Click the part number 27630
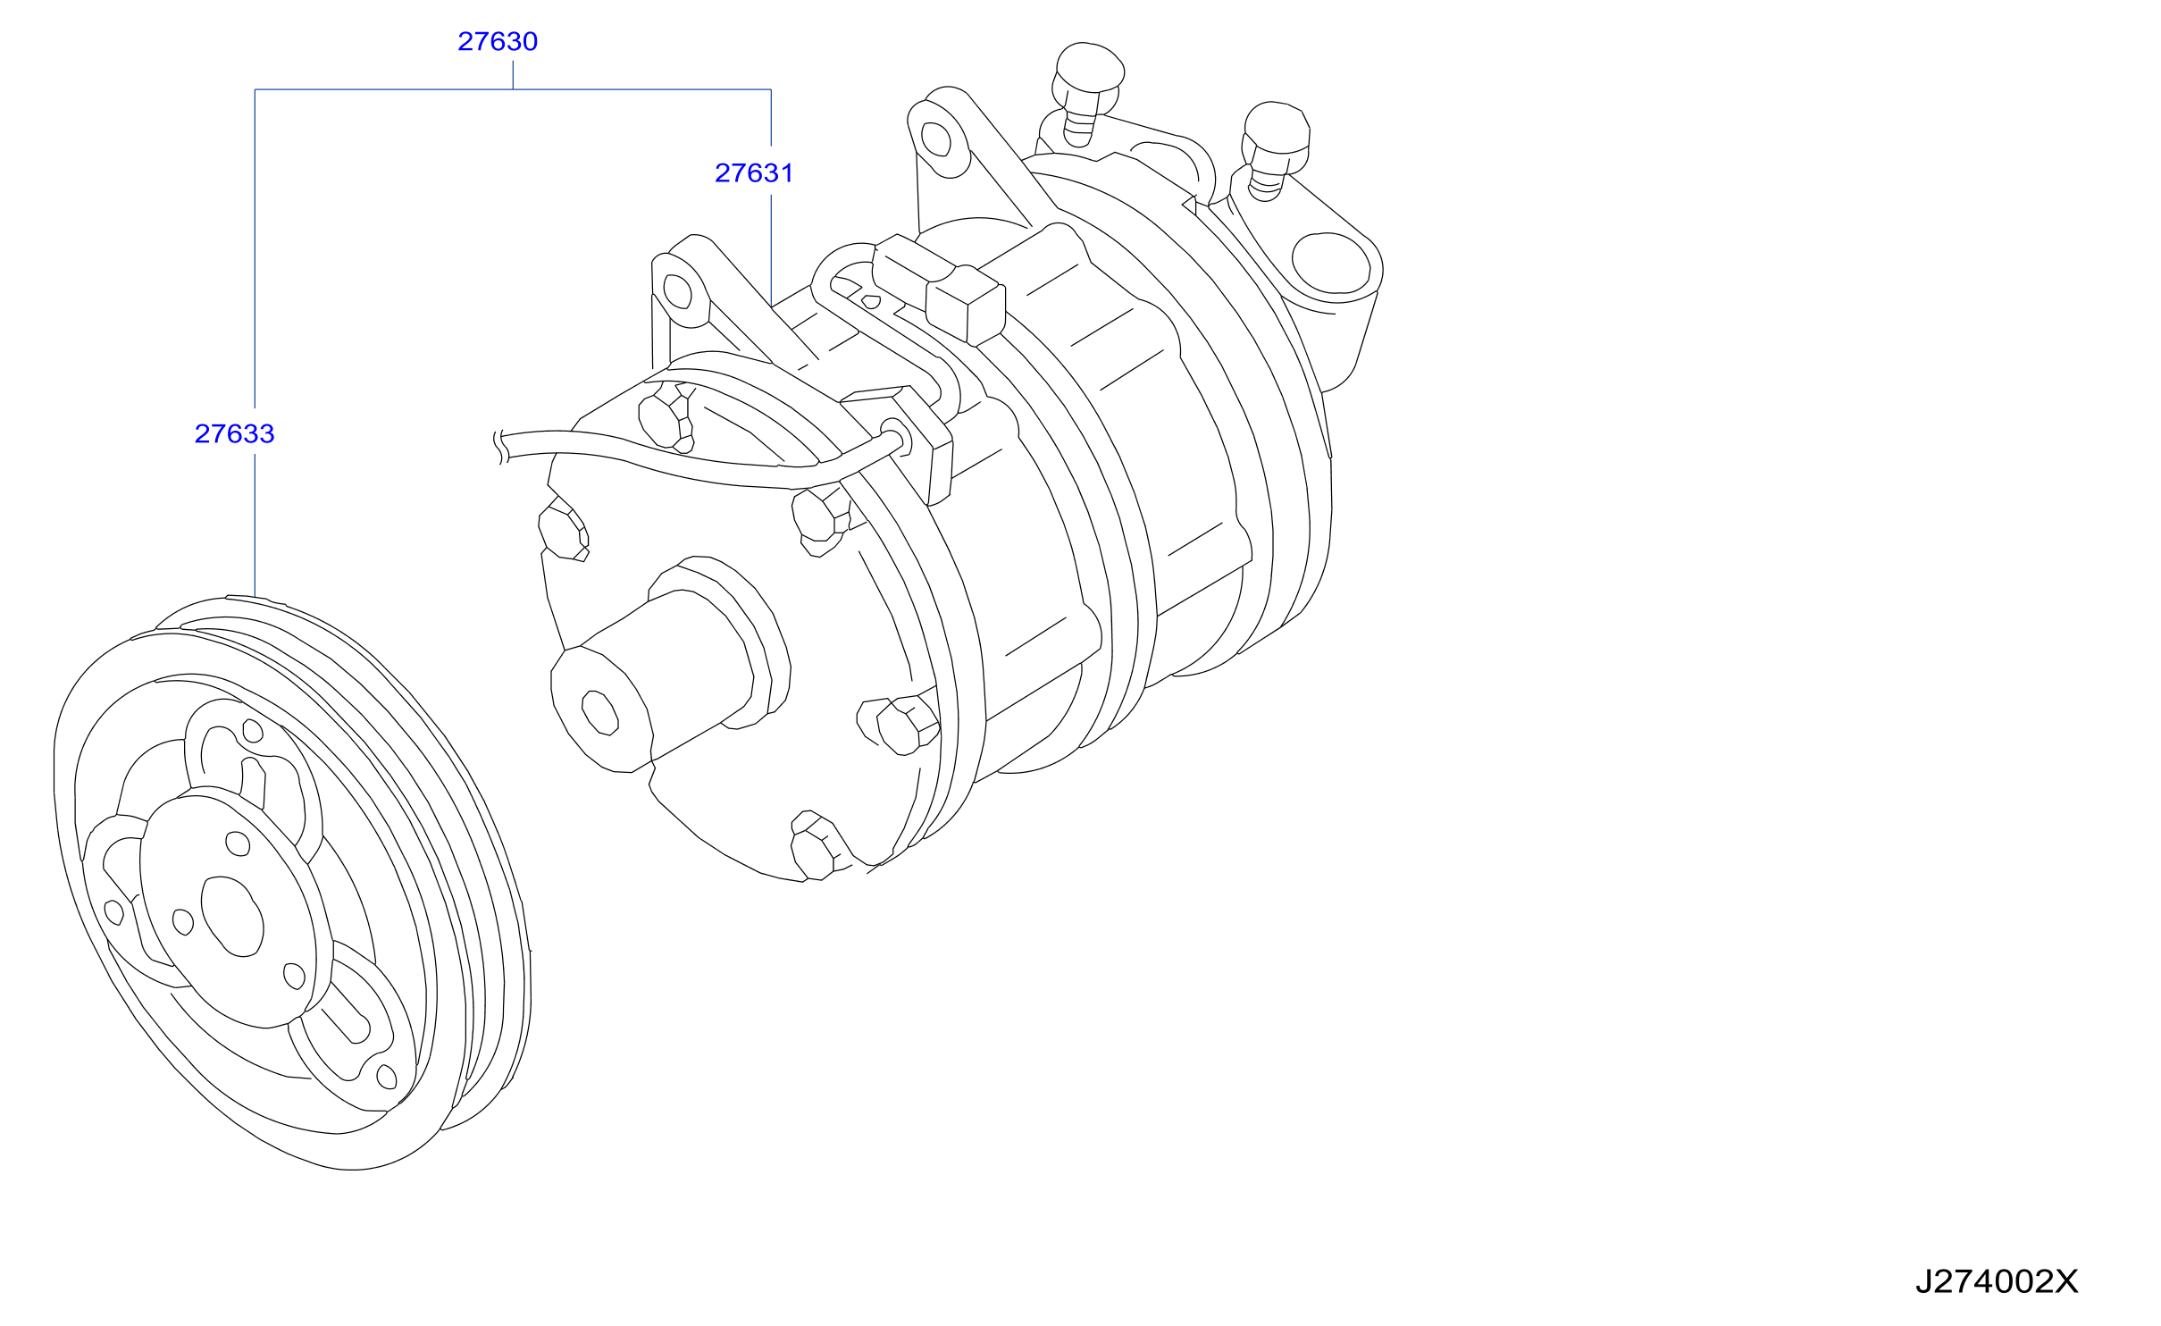pos(498,41)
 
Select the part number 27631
pos(754,172)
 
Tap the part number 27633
pos(234,433)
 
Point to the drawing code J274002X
pos(1996,1281)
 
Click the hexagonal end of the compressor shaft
pos(599,712)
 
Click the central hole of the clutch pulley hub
pos(232,915)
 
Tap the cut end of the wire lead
pos(501,447)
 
